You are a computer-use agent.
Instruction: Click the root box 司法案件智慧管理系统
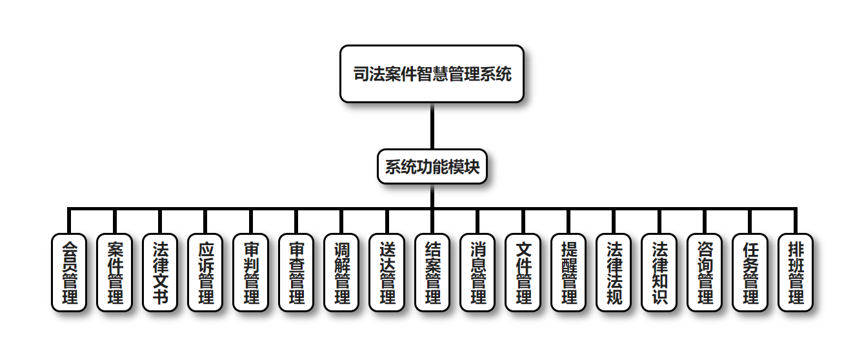click(432, 74)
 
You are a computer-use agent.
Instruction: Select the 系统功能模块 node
click(432, 167)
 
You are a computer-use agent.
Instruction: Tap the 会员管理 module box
click(68, 272)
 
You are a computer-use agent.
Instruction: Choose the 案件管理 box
click(114, 272)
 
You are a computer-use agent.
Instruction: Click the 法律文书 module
click(159, 272)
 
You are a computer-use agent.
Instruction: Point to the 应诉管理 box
click(205, 272)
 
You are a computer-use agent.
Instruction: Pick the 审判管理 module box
click(250, 272)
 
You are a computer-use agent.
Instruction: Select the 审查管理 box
click(296, 272)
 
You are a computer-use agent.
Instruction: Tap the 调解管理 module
click(341, 272)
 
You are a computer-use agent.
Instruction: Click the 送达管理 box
click(387, 272)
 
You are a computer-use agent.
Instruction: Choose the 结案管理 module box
click(432, 272)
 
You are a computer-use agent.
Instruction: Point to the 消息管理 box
click(477, 272)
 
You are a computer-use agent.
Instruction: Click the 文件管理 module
click(523, 272)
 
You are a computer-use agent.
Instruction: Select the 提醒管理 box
click(568, 272)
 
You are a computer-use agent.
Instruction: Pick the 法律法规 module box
click(614, 272)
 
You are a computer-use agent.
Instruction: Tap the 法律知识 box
click(659, 272)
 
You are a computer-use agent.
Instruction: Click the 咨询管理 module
click(705, 272)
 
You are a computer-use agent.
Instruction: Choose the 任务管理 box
click(750, 272)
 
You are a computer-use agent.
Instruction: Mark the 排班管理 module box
click(796, 272)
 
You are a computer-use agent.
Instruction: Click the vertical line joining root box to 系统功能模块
click(432, 126)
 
